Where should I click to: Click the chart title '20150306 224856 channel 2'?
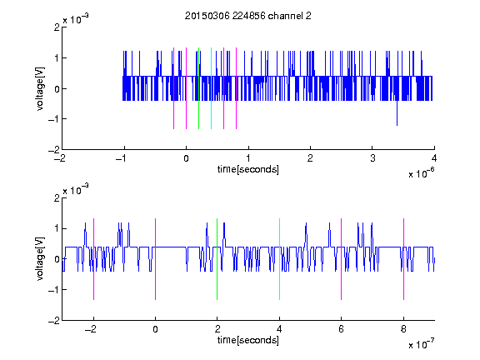tap(248, 16)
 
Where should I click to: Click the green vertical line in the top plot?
tap(198, 88)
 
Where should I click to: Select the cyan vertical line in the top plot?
tap(211, 88)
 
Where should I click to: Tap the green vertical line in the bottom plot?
tap(217, 259)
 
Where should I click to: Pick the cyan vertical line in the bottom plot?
tap(279, 259)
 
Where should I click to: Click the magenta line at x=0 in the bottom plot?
tap(156, 259)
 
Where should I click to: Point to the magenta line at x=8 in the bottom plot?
tap(404, 259)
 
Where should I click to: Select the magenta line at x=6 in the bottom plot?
tap(342, 259)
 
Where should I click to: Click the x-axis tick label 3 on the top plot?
tap(372, 158)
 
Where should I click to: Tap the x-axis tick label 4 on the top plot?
tap(434, 158)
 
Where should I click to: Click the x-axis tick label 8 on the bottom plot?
tap(403, 329)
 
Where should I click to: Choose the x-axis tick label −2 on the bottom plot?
tap(90, 329)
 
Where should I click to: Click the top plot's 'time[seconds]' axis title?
tap(248, 169)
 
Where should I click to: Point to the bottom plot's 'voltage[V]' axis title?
tap(40, 259)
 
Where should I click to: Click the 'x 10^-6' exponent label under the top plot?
tap(421, 173)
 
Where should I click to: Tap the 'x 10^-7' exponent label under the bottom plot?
tap(421, 344)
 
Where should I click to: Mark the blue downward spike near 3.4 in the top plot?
tap(397, 112)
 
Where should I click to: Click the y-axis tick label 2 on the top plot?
tap(57, 27)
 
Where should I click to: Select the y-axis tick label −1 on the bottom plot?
tap(54, 290)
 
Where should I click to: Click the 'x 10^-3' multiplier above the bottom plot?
tap(76, 190)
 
